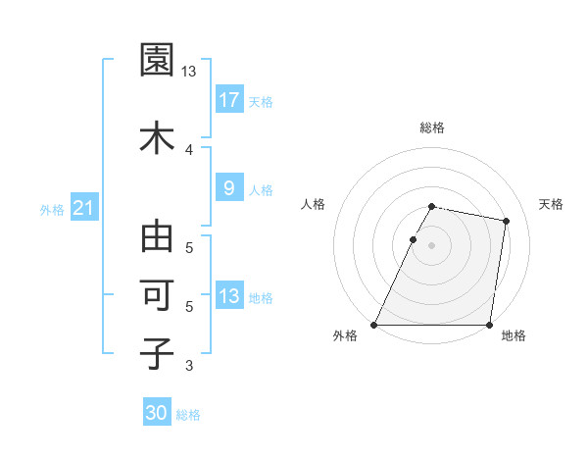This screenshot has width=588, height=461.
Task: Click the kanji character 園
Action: click(157, 61)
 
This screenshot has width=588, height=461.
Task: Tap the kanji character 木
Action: click(157, 136)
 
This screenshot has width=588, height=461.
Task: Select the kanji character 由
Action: click(157, 237)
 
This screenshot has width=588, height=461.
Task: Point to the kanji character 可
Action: click(157, 295)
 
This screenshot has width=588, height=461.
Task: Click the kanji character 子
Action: click(157, 353)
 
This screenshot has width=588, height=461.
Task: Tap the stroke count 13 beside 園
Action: click(188, 72)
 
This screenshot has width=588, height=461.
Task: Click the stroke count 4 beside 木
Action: click(188, 149)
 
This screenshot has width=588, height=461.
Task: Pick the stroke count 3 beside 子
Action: click(188, 366)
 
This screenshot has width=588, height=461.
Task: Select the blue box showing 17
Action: click(229, 99)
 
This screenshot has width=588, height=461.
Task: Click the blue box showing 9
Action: click(229, 187)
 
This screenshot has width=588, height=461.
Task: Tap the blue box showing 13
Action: click(229, 296)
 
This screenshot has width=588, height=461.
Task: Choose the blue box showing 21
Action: click(83, 208)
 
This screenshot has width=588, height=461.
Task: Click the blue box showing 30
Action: click(157, 413)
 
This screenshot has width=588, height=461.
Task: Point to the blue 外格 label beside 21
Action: click(52, 209)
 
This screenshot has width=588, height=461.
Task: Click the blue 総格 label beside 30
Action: click(188, 415)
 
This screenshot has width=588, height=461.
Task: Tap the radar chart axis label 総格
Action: click(431, 128)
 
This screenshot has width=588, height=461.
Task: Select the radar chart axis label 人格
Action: click(314, 204)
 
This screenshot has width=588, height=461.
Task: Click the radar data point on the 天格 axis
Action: click(506, 222)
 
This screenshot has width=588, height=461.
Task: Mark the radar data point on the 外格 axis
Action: click(374, 325)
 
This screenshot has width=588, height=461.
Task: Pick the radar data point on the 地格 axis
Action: click(489, 325)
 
